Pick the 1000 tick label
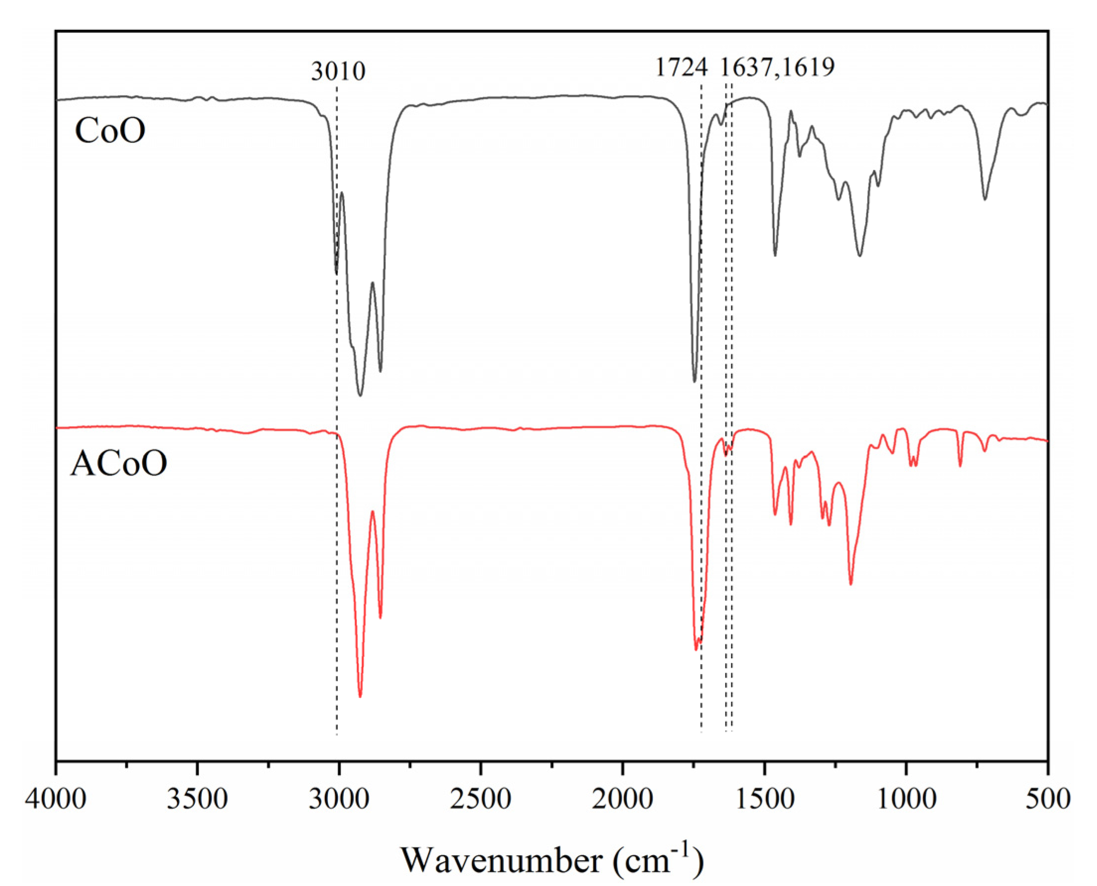[906, 799]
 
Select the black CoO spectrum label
[110, 131]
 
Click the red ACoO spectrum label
[118, 464]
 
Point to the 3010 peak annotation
[338, 71]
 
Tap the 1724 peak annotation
[681, 67]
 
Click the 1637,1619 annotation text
[778, 67]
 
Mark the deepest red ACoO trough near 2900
[361, 696]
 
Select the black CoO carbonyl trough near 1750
[694, 381]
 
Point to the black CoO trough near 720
[985, 199]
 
